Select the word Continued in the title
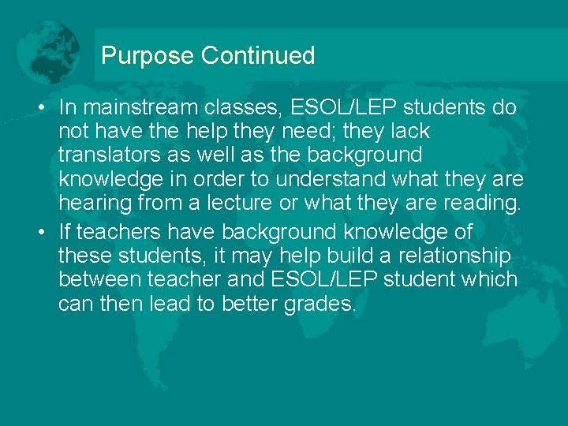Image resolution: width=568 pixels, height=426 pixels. pos(258,56)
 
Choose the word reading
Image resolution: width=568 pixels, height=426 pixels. pos(480,202)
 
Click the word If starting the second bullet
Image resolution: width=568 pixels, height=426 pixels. pos(64,233)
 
